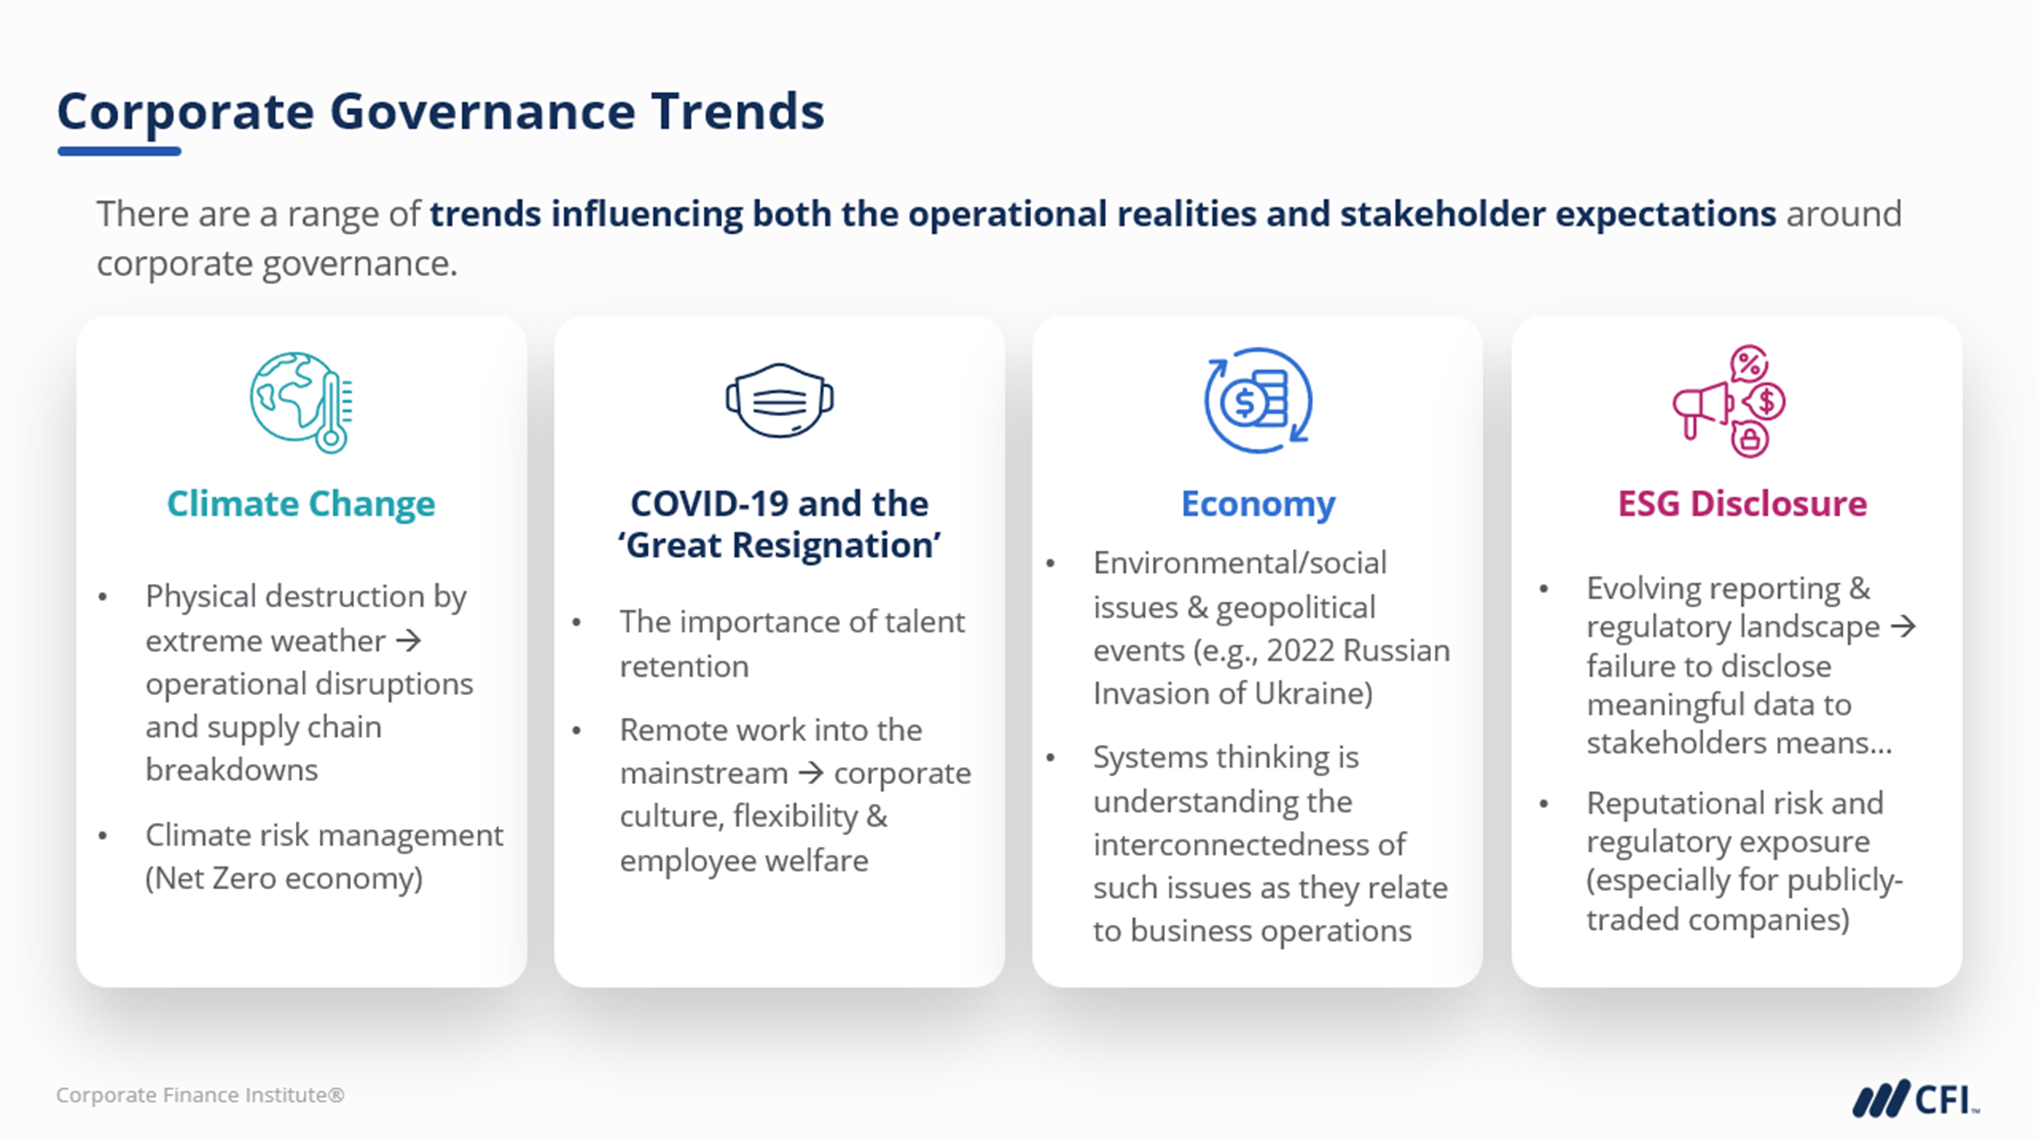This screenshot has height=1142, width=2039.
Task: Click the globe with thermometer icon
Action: pos(301,402)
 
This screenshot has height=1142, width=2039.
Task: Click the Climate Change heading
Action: pos(300,504)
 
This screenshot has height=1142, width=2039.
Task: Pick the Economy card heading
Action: pos(1258,504)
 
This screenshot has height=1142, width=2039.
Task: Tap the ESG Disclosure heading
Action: pos(1742,504)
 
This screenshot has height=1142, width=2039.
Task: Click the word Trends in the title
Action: pos(737,112)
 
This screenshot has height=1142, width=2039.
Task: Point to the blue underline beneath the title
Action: pos(120,151)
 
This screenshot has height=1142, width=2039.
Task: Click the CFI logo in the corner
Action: pos(1916,1099)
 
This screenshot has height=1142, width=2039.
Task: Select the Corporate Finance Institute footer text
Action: pos(200,1095)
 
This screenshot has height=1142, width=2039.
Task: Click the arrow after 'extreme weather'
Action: pos(409,640)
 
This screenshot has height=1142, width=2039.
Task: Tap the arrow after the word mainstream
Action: pos(811,773)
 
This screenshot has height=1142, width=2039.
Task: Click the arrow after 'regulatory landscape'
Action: pos(1903,627)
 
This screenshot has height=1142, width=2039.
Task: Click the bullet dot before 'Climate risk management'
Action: pos(103,836)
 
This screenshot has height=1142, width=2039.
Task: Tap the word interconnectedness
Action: pos(1249,845)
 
